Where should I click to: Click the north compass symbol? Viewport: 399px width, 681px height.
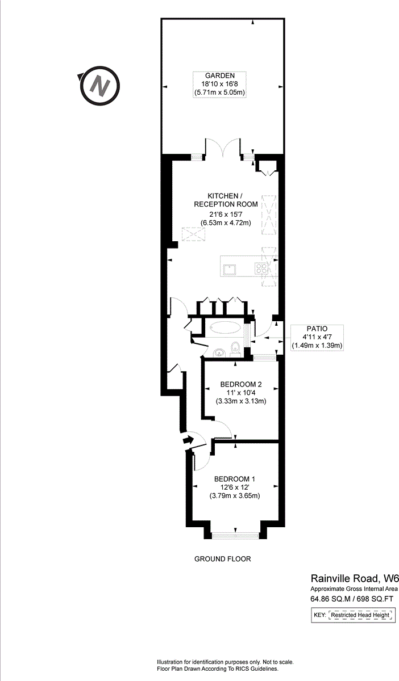(101, 87)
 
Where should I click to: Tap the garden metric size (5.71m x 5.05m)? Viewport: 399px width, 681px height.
(220, 92)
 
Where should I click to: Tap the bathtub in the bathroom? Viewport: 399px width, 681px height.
(226, 327)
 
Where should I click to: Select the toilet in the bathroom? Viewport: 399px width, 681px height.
(235, 348)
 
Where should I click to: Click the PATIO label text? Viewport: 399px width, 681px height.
(317, 329)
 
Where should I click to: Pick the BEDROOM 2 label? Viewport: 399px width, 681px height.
(241, 385)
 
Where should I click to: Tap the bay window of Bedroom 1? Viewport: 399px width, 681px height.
(235, 533)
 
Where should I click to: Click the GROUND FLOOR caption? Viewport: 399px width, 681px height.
(222, 559)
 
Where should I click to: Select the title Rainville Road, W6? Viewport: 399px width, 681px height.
(354, 579)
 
